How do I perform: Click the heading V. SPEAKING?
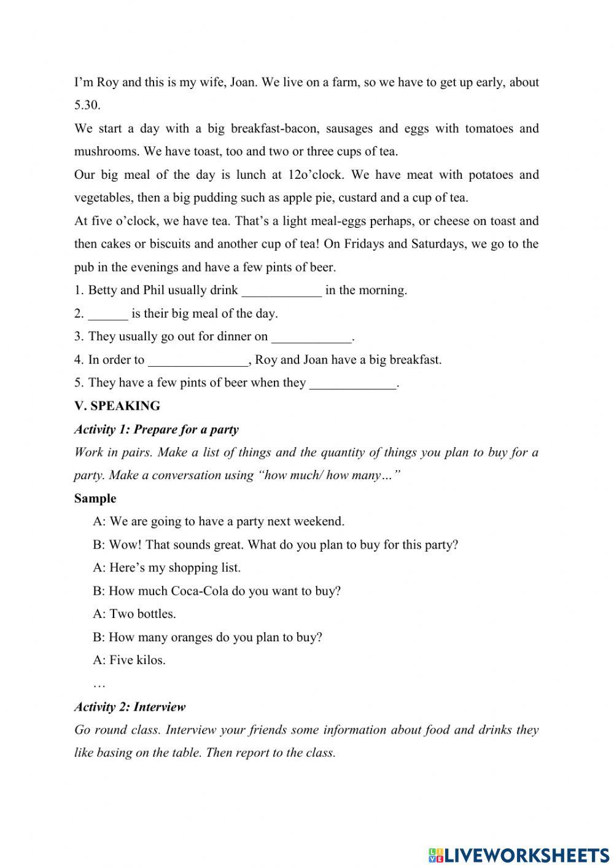point(117,406)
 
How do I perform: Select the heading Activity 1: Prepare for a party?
point(156,429)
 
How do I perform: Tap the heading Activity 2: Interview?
point(130,707)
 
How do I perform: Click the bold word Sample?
point(95,498)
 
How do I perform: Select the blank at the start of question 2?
point(108,315)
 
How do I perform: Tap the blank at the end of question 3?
point(312,338)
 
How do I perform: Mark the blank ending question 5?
point(354,384)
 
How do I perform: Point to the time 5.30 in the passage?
point(87,105)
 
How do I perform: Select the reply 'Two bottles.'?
point(142,614)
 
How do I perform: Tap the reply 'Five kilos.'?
point(138,660)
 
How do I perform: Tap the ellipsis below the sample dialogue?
point(99,683)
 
